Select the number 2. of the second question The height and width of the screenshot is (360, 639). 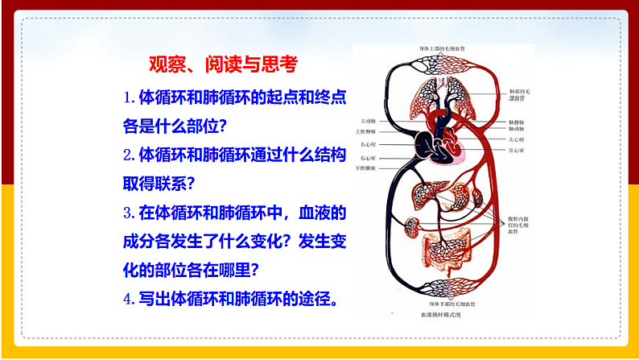[x=130, y=154]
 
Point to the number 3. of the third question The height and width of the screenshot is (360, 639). [x=130, y=213]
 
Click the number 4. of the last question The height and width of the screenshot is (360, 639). [x=130, y=299]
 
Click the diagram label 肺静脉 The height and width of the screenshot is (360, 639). [x=519, y=121]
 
